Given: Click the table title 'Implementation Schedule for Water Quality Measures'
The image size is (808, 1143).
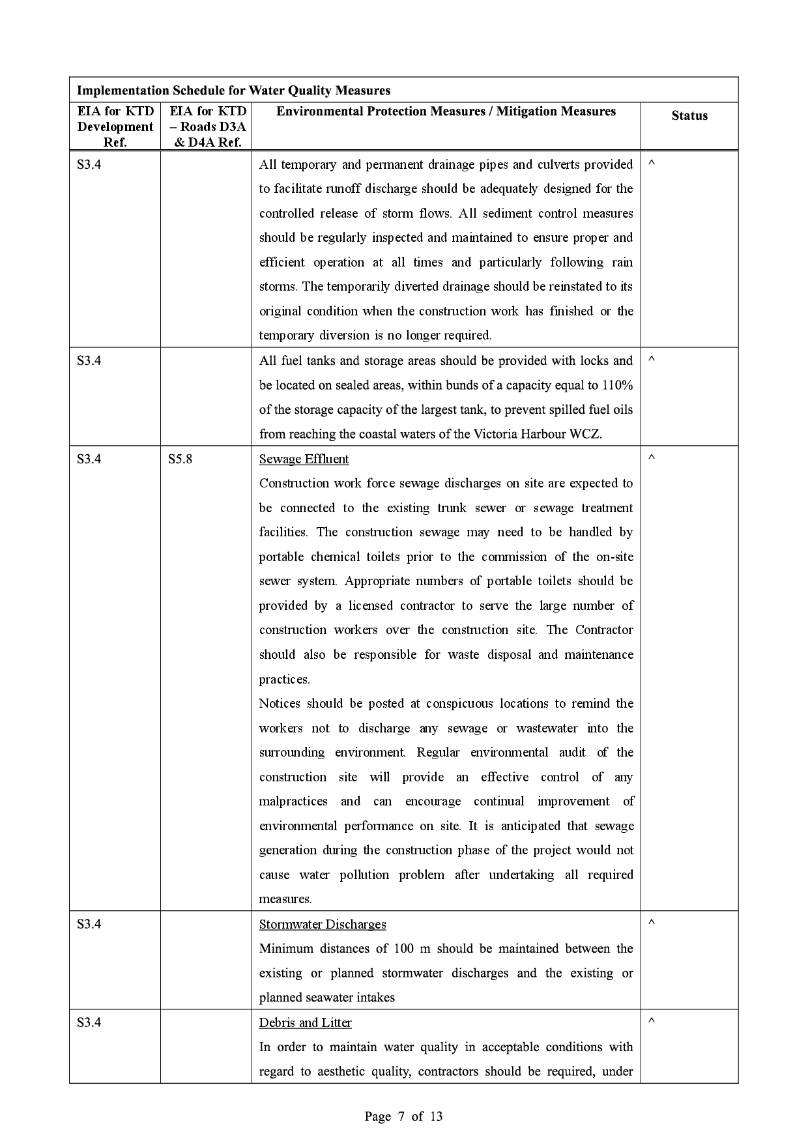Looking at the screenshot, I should coord(233,91).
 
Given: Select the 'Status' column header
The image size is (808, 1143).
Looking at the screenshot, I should coord(689,116).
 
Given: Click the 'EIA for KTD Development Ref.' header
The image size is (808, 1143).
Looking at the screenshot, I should coord(115,126).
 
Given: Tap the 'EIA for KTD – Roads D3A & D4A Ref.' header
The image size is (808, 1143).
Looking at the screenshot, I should coord(207,126).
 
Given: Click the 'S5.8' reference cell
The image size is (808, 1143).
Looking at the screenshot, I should coord(180,459).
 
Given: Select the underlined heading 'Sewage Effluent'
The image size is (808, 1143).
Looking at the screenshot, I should coord(304,459).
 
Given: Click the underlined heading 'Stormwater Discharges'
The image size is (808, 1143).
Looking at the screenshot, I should coord(323,924).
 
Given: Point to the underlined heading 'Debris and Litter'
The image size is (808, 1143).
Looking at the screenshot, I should coord(305,1022).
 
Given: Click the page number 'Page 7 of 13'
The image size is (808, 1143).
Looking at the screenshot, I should coord(403,1116).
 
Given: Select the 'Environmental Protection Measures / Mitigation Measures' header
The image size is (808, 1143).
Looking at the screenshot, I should coord(446,111).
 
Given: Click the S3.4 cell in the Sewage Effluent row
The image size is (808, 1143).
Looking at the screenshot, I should coord(89,459).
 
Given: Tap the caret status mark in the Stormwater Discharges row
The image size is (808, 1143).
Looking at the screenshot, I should coord(651,923).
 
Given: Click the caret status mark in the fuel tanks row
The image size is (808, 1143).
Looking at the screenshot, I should coord(651,360).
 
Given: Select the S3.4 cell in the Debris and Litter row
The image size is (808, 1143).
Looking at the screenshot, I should coord(89,1022).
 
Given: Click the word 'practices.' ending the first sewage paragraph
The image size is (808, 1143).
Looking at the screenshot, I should coord(284,679).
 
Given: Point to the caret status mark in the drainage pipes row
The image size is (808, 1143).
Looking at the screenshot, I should coord(651,163).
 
